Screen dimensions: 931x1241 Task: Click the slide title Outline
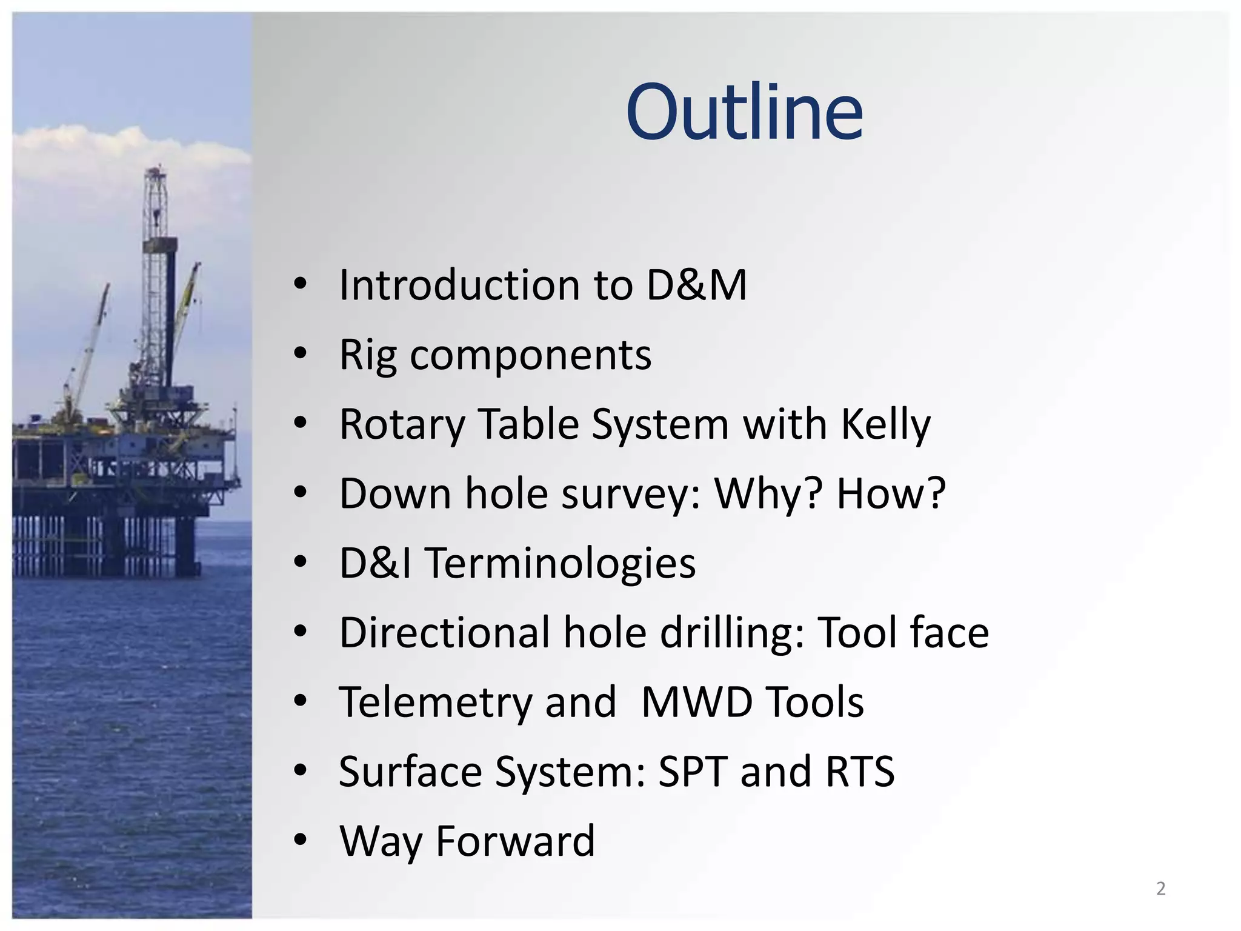tap(744, 112)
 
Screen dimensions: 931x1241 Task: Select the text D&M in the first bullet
tap(696, 285)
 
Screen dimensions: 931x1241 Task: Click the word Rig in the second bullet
tap(368, 355)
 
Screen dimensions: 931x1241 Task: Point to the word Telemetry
tap(435, 702)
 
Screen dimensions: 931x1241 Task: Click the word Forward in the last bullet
tap(515, 841)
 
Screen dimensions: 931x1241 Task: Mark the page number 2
tap(1160, 889)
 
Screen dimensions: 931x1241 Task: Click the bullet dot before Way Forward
tap(300, 841)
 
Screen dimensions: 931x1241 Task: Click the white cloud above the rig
tap(91, 145)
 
